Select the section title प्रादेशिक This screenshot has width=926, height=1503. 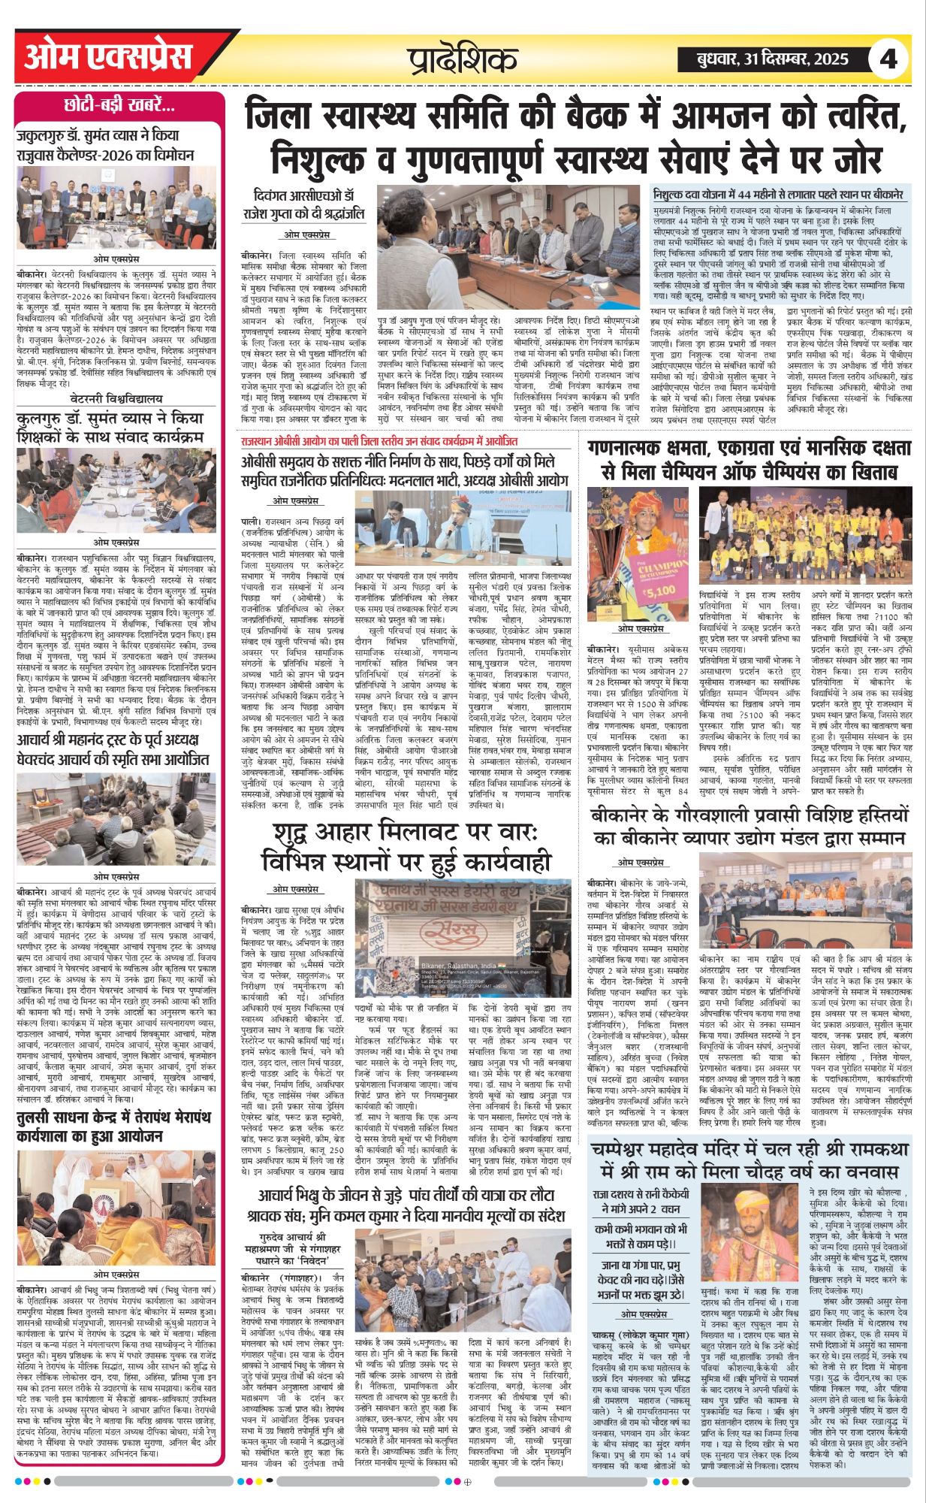(463, 59)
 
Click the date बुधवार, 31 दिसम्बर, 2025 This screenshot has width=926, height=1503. (762, 59)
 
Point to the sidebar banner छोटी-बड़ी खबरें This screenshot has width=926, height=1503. (120, 105)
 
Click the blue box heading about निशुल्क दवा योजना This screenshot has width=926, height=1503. (778, 193)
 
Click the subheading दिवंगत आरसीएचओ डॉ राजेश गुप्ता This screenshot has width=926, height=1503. (308, 205)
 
